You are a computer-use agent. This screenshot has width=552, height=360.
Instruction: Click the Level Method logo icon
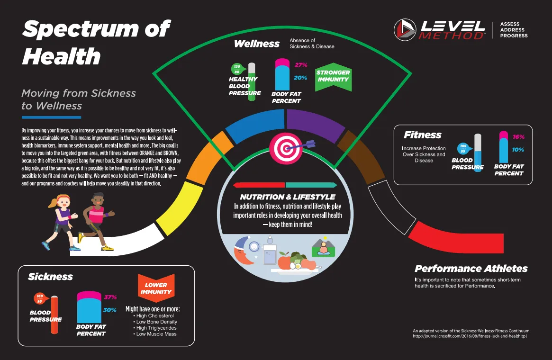coord(405,30)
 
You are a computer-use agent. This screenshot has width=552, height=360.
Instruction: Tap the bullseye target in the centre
coord(286,148)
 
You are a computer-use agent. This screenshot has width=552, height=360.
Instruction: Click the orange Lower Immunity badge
coord(156,288)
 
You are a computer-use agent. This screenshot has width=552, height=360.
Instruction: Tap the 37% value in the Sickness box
coord(110,297)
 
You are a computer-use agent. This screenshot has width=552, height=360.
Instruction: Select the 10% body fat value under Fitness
coord(518,150)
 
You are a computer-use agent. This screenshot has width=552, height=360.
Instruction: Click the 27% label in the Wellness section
coord(301,65)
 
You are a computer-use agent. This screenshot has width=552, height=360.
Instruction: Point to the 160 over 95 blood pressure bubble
coord(40,298)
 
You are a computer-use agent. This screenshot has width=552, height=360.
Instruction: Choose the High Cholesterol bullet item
coord(154,315)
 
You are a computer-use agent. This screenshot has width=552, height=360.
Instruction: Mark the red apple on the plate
coord(284,261)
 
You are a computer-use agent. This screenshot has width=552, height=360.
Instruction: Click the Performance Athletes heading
coord(471,269)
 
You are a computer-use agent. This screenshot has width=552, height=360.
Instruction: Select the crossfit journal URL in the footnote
coord(470,336)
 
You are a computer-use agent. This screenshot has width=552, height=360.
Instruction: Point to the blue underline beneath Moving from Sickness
coord(51,117)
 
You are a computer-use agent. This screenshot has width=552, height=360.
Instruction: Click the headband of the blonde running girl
coord(63,197)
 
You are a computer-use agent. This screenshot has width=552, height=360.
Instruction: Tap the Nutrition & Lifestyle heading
coord(288,197)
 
